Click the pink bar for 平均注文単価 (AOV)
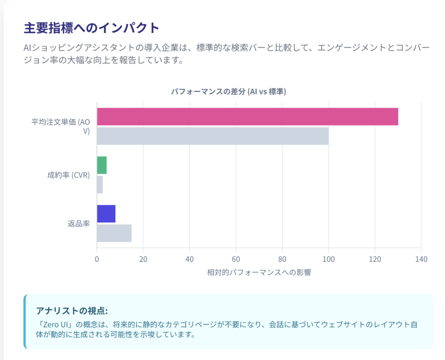pos(247,116)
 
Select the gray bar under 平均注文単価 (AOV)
pos(213,136)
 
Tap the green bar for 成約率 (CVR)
pos(102,165)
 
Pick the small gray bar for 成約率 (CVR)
pos(100,185)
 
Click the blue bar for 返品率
pos(106,214)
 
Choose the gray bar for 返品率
pos(114,233)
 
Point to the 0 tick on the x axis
pos(97,259)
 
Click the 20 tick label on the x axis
pos(143,259)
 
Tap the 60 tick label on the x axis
pos(236,259)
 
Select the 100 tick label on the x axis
pos(329,259)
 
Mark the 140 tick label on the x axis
pos(421,259)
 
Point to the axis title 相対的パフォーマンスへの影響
pos(259,273)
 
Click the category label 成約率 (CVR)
pos(68,175)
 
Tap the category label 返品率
pos(79,224)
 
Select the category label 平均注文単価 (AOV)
pos(60,126)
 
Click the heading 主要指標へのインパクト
pos(92,28)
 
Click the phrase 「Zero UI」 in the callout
pos(54,325)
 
